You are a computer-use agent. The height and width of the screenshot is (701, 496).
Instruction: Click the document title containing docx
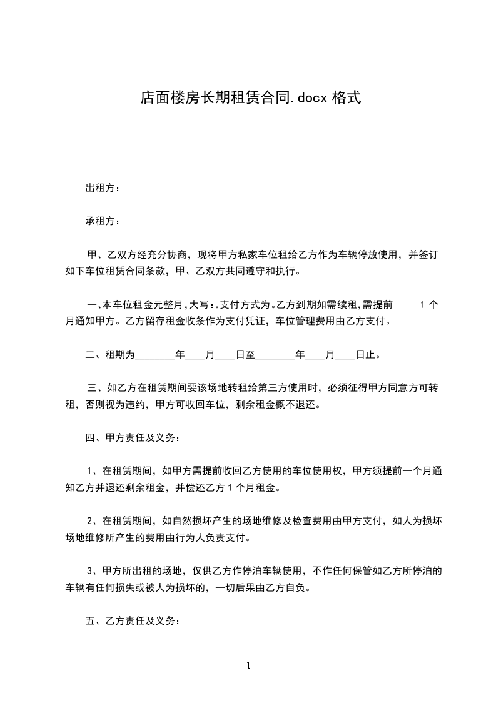pyautogui.click(x=250, y=98)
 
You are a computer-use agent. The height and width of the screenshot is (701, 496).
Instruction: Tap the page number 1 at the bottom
pyautogui.click(x=248, y=665)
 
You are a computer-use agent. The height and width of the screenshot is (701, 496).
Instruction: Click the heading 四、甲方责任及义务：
pyautogui.click(x=133, y=437)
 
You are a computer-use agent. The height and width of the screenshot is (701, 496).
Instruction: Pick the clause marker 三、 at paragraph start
pyautogui.click(x=96, y=388)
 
